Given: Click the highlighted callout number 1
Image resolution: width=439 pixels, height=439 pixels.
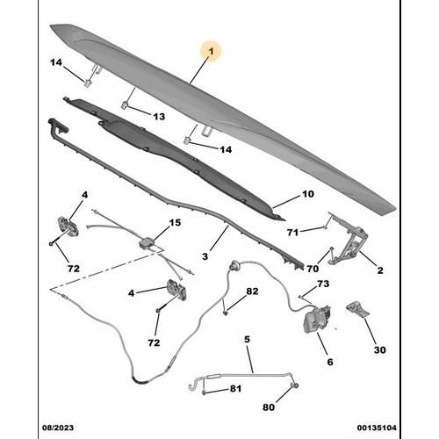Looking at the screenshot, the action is pyautogui.click(x=211, y=52).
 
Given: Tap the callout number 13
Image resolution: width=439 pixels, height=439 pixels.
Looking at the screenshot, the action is pyautogui.click(x=159, y=117).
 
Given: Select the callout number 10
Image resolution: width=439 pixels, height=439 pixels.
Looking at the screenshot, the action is pyautogui.click(x=308, y=194).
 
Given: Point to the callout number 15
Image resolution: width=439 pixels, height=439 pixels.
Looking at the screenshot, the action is pyautogui.click(x=175, y=223).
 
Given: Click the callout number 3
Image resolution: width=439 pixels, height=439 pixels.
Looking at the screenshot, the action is pyautogui.click(x=205, y=256).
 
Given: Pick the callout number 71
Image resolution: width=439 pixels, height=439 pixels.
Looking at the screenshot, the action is pyautogui.click(x=292, y=233).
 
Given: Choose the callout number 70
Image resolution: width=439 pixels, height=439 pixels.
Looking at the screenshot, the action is pyautogui.click(x=313, y=269).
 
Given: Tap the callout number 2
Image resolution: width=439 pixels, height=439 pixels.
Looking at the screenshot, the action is pyautogui.click(x=380, y=270).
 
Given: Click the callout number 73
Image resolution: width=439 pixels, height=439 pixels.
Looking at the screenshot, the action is pyautogui.click(x=323, y=284).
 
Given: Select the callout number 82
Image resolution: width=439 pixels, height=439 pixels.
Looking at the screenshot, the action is pyautogui.click(x=252, y=291).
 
